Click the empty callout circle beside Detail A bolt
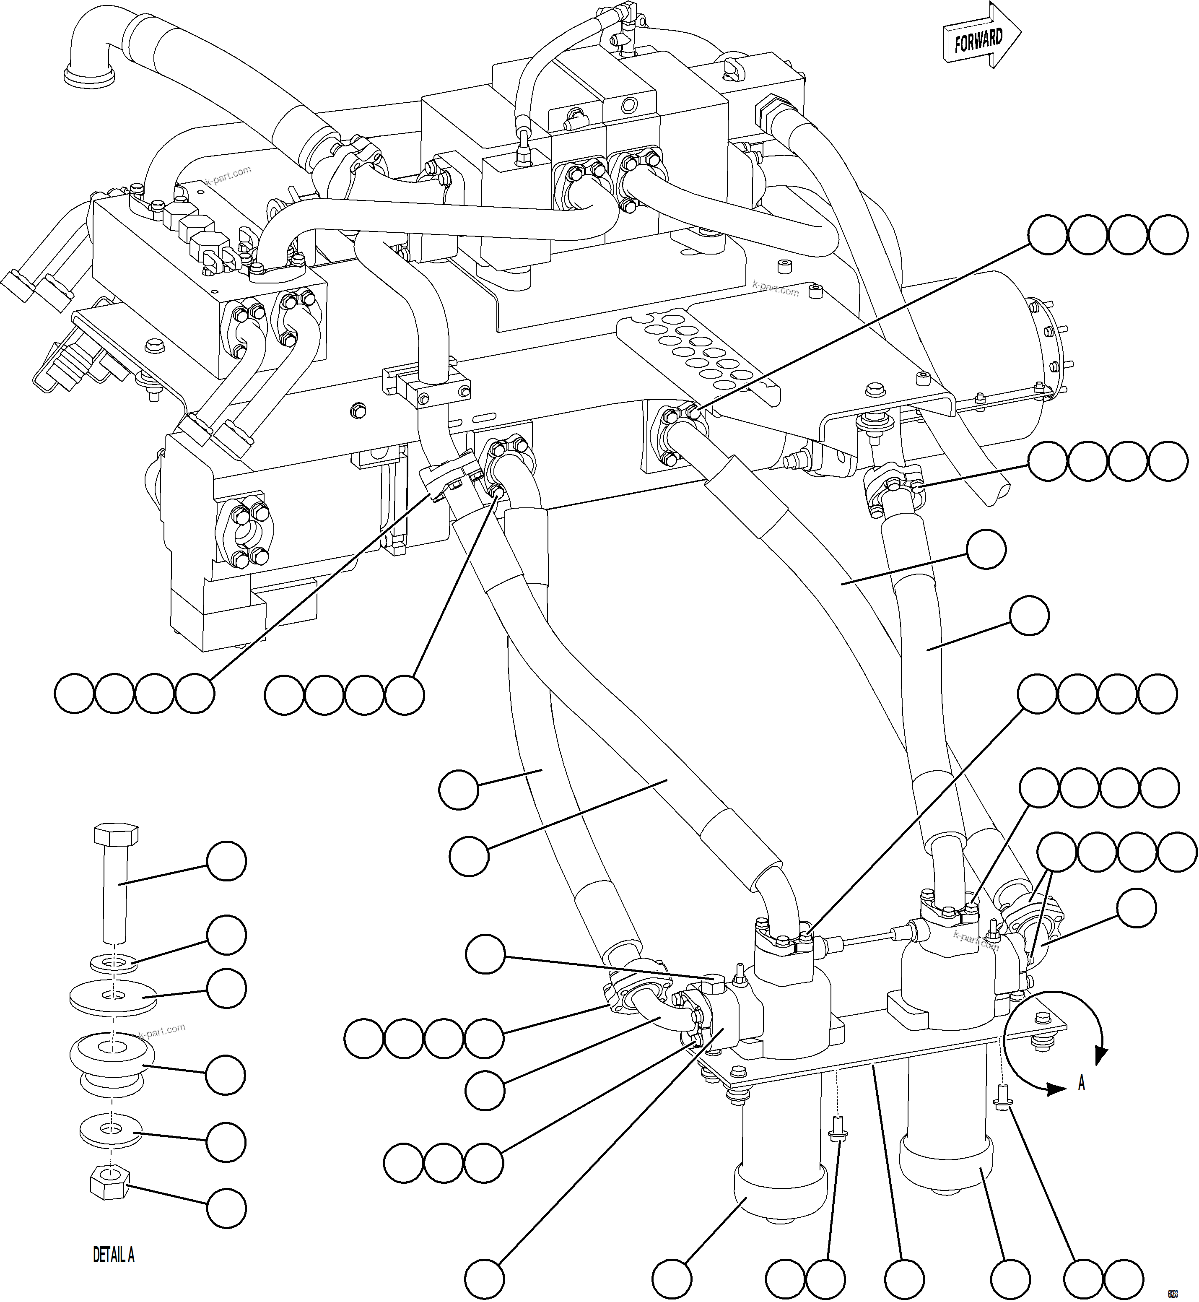click(226, 861)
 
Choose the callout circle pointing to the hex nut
click(226, 1208)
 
